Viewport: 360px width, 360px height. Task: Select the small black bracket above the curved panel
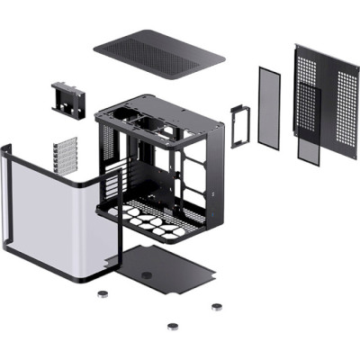pos(67,98)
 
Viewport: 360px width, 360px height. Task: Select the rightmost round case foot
pos(216,306)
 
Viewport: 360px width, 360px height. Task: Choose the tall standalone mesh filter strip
pos(269,105)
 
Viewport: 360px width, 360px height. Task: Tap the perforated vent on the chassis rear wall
pos(109,144)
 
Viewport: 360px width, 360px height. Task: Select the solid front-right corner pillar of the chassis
pos(213,166)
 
